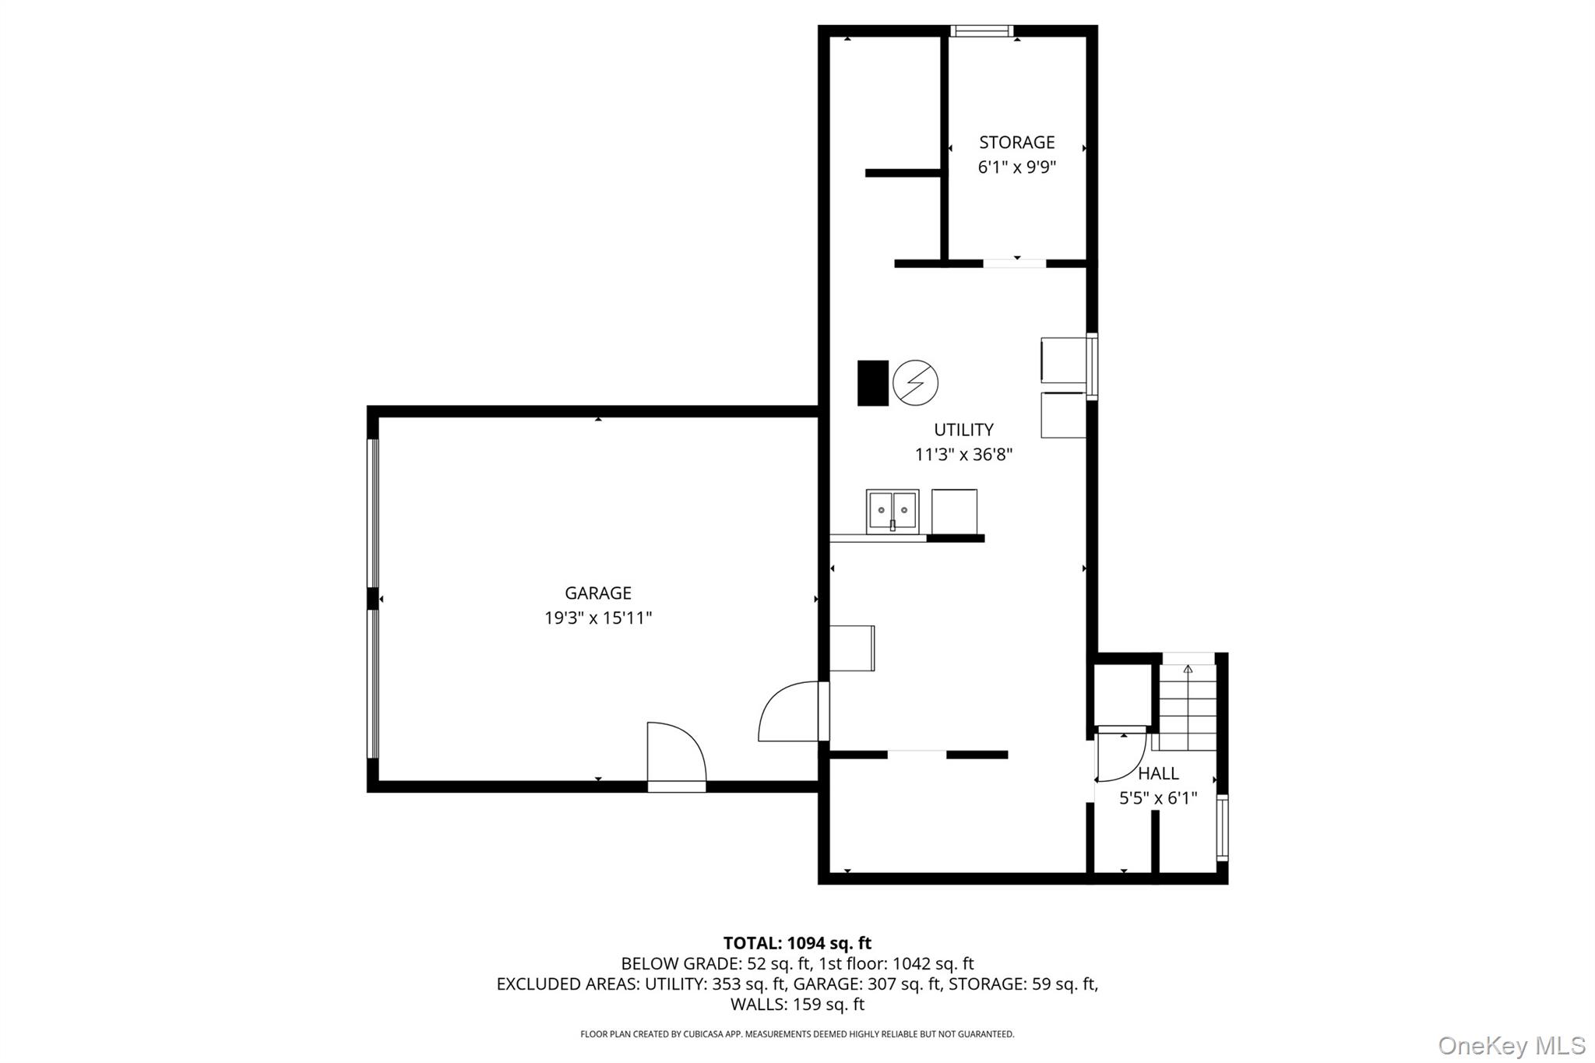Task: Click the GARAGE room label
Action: pos(597,593)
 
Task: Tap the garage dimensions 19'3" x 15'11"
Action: pos(597,618)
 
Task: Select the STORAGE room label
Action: pos(1016,143)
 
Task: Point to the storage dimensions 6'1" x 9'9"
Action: pos(1016,167)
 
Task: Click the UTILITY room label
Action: pos(963,430)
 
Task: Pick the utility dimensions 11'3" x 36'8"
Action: pos(963,455)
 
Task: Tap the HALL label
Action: pos(1158,773)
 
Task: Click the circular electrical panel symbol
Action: pos(915,382)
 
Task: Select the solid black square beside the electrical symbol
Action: pos(872,382)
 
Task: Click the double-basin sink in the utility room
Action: pos(893,511)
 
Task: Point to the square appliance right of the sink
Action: pos(954,511)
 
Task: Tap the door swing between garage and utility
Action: pos(790,713)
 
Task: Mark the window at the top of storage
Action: pos(981,31)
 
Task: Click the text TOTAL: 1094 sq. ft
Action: pos(797,943)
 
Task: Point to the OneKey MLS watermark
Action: pos(1511,1045)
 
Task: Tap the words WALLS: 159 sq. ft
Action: pos(797,1005)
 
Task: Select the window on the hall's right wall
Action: pos(1222,827)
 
